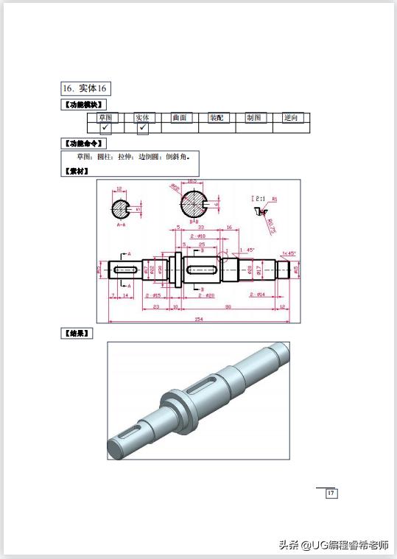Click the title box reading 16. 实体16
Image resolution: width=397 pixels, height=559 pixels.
[x=85, y=88]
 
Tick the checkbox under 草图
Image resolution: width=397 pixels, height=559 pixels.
[x=105, y=127]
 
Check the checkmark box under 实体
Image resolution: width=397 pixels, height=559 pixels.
[x=143, y=127]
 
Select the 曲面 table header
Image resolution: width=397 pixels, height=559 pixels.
[x=180, y=117]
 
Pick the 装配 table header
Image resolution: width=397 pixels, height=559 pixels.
[x=217, y=117]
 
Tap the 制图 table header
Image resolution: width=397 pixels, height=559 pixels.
[x=254, y=117]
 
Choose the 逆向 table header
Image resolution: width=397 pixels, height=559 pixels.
[x=292, y=117]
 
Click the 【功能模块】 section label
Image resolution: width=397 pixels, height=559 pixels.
[x=82, y=105]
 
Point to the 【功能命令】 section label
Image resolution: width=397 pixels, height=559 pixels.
[x=82, y=143]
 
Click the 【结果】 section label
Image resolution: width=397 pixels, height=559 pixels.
[x=77, y=333]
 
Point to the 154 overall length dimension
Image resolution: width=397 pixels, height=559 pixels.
[x=199, y=318]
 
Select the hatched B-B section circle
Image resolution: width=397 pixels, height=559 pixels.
[x=194, y=202]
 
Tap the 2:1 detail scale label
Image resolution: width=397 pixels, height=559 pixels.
[x=259, y=198]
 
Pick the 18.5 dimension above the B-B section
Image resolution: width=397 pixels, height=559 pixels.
[x=192, y=181]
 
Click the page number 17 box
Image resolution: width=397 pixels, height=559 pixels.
[x=331, y=493]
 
